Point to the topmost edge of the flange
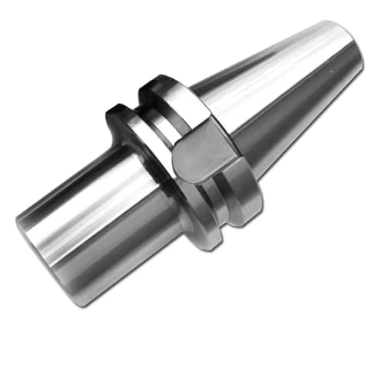click(157, 77)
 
